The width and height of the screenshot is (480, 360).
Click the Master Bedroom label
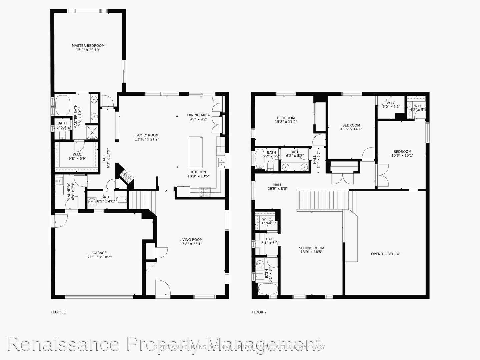coord(88,46)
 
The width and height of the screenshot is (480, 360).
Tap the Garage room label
coord(99,253)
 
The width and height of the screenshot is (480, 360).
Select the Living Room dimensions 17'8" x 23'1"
coord(191,244)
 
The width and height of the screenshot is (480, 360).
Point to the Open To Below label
coord(385,254)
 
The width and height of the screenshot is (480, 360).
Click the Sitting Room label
coord(311,248)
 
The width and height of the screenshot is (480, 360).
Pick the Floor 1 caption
coord(58,312)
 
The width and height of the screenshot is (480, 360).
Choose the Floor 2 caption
coord(259,312)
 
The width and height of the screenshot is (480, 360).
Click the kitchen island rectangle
coord(196,152)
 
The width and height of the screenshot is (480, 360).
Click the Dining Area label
coord(198,115)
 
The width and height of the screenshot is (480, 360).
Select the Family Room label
coord(147,135)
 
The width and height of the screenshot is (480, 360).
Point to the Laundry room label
coord(69,191)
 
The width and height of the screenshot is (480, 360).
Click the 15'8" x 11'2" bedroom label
coord(286,118)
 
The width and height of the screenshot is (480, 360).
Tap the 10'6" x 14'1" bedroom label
coord(351,125)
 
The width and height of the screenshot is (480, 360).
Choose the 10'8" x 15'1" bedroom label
coord(402,152)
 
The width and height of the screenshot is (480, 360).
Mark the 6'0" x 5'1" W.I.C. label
coord(391,103)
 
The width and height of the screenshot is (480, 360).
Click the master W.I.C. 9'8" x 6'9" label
coord(77,155)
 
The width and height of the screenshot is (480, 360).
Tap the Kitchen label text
coord(198,172)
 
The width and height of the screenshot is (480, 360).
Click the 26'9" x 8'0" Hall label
coord(277,185)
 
